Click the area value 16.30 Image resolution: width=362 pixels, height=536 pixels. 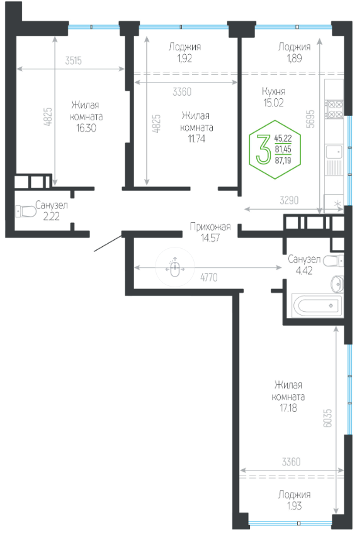pyautogui.click(x=86, y=128)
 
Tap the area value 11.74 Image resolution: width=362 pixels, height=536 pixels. pyautogui.click(x=196, y=139)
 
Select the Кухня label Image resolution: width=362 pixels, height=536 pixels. pyautogui.click(x=273, y=91)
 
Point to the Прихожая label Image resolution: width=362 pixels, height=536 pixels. pyautogui.click(x=210, y=227)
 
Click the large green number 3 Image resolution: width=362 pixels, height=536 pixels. pyautogui.click(x=263, y=149)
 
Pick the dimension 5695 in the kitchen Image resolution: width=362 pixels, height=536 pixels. pyautogui.click(x=310, y=118)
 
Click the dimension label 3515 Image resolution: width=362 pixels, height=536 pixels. pyautogui.click(x=74, y=60)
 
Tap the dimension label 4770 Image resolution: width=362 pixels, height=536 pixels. pyautogui.click(x=209, y=277)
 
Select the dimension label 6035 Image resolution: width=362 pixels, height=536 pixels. pyautogui.click(x=327, y=418)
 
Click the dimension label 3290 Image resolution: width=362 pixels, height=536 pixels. pyautogui.click(x=289, y=200)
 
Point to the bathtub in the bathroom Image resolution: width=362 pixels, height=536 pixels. pyautogui.click(x=317, y=305)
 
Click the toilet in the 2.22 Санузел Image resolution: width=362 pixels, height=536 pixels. pyautogui.click(x=26, y=211)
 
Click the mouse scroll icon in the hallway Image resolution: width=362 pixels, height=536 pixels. pyautogui.click(x=175, y=267)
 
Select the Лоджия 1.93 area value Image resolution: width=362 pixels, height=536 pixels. pyautogui.click(x=294, y=506)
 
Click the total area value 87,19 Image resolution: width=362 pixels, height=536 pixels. pyautogui.click(x=283, y=159)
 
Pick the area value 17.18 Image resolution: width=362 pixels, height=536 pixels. pyautogui.click(x=288, y=408)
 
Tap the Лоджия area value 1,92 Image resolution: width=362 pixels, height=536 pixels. pyautogui.click(x=184, y=59)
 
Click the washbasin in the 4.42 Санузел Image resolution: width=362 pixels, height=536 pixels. pyautogui.click(x=337, y=283)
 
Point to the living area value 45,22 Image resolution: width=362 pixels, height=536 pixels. pyautogui.click(x=283, y=139)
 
